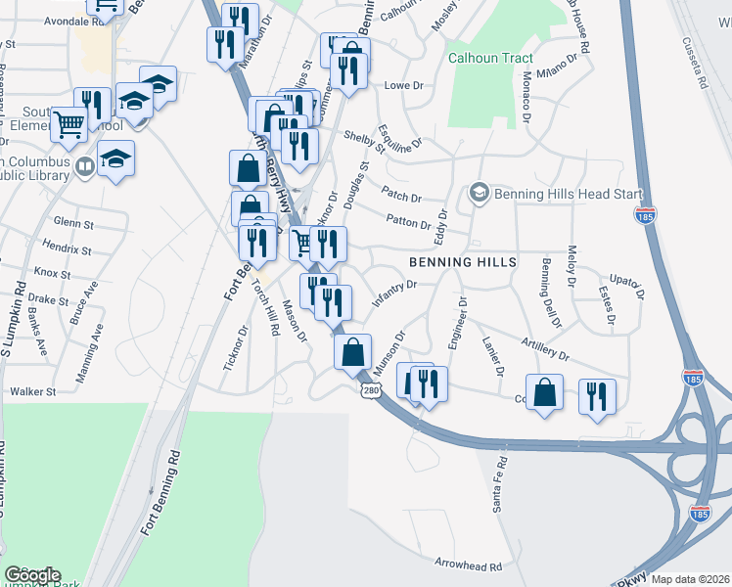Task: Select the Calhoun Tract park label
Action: pyautogui.click(x=490, y=58)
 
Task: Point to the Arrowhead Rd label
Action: pyautogui.click(x=468, y=565)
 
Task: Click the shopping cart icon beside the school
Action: pyautogui.click(x=69, y=124)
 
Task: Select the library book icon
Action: pyautogui.click(x=84, y=167)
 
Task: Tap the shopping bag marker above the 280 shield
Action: pyautogui.click(x=352, y=352)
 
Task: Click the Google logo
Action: pyautogui.click(x=31, y=575)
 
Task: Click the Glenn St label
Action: pyautogui.click(x=74, y=223)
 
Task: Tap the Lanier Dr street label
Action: pyautogui.click(x=492, y=356)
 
